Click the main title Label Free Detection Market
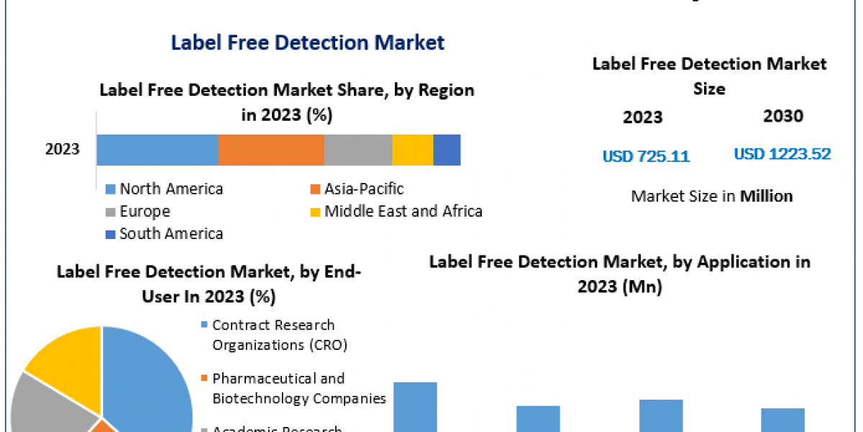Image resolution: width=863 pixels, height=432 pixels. pyautogui.click(x=308, y=42)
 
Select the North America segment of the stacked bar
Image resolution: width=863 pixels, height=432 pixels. pyautogui.click(x=157, y=150)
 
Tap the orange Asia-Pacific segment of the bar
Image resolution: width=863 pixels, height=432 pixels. pyautogui.click(x=271, y=150)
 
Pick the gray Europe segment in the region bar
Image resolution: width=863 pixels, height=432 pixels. pyautogui.click(x=358, y=150)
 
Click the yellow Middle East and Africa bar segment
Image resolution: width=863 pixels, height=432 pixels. pyautogui.click(x=413, y=150)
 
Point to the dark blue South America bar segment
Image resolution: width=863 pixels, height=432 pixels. pyautogui.click(x=447, y=150)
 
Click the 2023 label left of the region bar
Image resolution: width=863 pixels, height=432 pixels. pyautogui.click(x=63, y=150)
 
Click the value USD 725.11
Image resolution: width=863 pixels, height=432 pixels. pyautogui.click(x=646, y=156)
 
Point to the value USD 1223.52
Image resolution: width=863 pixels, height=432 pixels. pyautogui.click(x=782, y=154)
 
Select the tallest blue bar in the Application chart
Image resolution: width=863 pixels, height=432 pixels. pyautogui.click(x=416, y=407)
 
